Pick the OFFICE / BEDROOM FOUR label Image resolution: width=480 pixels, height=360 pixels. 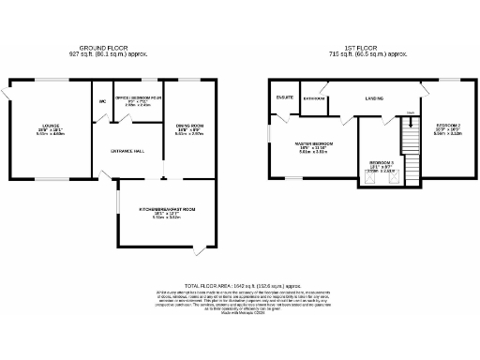[138, 97]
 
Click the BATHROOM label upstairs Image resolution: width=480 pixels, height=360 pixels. [314, 98]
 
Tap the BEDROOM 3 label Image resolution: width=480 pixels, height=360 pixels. [379, 161]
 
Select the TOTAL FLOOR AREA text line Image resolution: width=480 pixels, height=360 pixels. [239, 283]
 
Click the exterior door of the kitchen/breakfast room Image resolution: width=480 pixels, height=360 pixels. [197, 252]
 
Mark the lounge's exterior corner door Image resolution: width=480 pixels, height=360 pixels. [7, 94]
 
